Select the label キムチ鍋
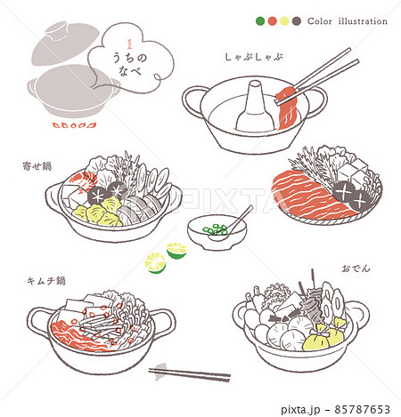(x=45, y=281)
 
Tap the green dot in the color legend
(x=259, y=21)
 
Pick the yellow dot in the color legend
(x=284, y=21)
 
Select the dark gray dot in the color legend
(x=296, y=21)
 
